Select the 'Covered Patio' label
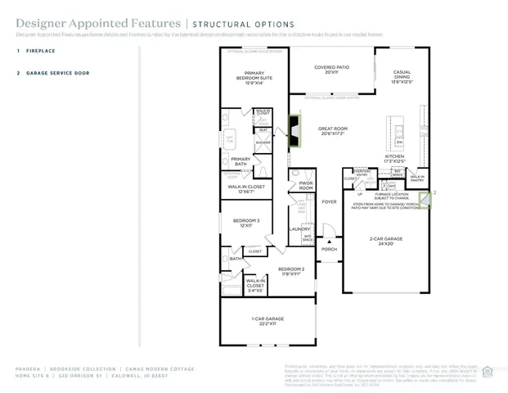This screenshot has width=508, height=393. coord(331,69)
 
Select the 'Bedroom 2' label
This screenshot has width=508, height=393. coord(290,271)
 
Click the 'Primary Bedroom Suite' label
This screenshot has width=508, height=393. coord(253,76)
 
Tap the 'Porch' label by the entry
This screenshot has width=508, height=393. coord(329,249)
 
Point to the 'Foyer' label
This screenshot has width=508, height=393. coord(329,201)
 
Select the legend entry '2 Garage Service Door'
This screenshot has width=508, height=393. coord(49,73)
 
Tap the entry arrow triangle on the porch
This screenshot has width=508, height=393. coord(330,241)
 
